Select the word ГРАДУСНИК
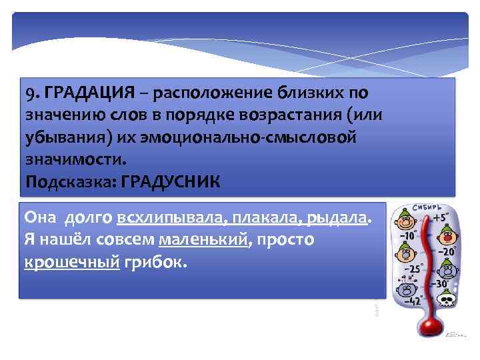tap(170, 181)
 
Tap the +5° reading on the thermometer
tap(438, 216)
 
